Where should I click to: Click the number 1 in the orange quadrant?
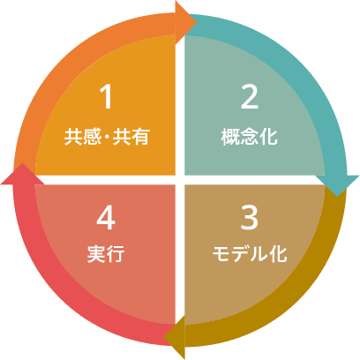coord(107,97)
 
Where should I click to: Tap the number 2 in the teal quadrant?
coord(250,97)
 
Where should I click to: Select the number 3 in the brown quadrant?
coord(250,217)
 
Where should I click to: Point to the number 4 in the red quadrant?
coord(106,218)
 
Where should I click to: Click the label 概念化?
coord(250,137)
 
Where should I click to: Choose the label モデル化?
coord(250,254)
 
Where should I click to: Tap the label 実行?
coord(106,254)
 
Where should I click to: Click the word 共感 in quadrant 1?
coord(83,137)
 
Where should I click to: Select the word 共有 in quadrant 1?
coord(131,137)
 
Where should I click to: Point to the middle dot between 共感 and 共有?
coord(107,137)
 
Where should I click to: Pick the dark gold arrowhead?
coord(174,337)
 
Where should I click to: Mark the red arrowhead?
coord(22,174)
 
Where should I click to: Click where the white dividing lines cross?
coord(180,180)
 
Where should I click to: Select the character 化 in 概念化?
coord(268,137)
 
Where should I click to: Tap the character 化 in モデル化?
coord(278,254)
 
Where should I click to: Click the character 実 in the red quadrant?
coord(96,254)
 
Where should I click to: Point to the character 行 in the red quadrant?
coord(116,254)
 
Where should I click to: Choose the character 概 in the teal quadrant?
coord(230,137)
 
